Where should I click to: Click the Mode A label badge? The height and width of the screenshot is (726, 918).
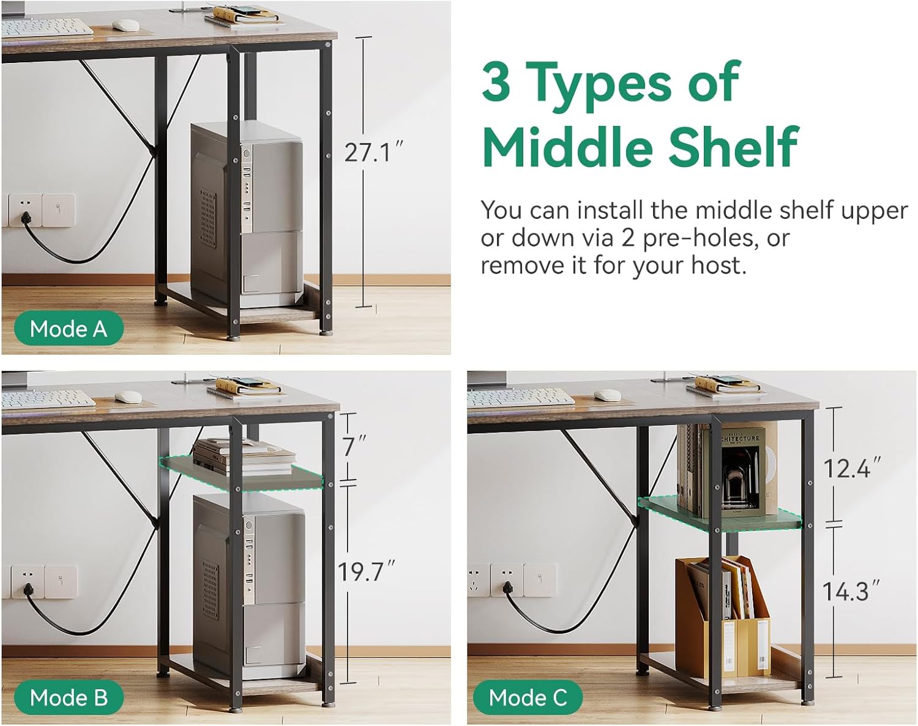69,328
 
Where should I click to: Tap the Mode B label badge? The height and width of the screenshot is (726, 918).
69,697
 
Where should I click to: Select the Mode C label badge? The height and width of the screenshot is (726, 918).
528,697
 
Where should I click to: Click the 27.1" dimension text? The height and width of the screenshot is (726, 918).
373,152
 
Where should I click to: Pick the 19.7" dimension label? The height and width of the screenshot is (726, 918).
366,571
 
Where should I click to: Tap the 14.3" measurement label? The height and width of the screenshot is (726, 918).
851,591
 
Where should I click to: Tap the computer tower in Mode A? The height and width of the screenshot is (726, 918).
247,215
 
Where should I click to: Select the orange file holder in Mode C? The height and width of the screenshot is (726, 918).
722,617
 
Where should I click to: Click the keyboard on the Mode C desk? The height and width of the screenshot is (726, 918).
521,398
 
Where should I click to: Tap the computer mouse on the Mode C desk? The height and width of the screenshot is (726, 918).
608,395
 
